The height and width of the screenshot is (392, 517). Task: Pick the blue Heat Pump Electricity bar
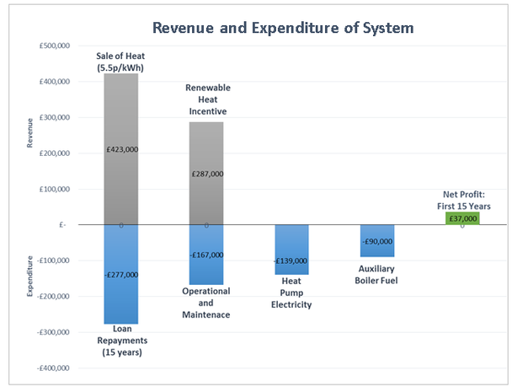tap(291, 244)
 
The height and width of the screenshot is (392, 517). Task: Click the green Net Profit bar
tap(462, 218)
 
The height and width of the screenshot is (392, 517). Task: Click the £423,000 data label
tap(123, 149)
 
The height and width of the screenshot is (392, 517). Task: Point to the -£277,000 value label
tap(123, 275)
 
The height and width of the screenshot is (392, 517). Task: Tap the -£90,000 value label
tap(376, 242)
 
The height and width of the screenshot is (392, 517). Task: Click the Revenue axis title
tap(31, 134)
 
